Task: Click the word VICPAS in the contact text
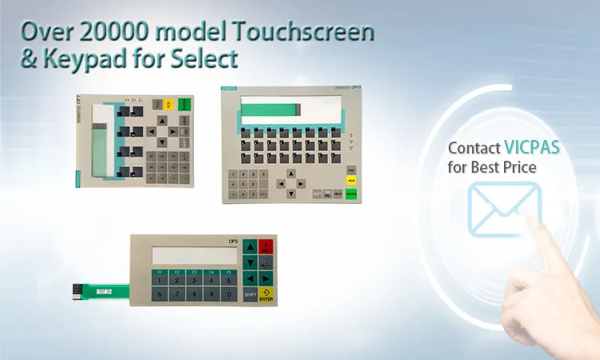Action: pyautogui.click(x=531, y=148)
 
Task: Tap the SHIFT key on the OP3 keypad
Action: pyautogui.click(x=250, y=295)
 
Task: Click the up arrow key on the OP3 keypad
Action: pyautogui.click(x=250, y=246)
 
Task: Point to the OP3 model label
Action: pyautogui.click(x=233, y=240)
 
